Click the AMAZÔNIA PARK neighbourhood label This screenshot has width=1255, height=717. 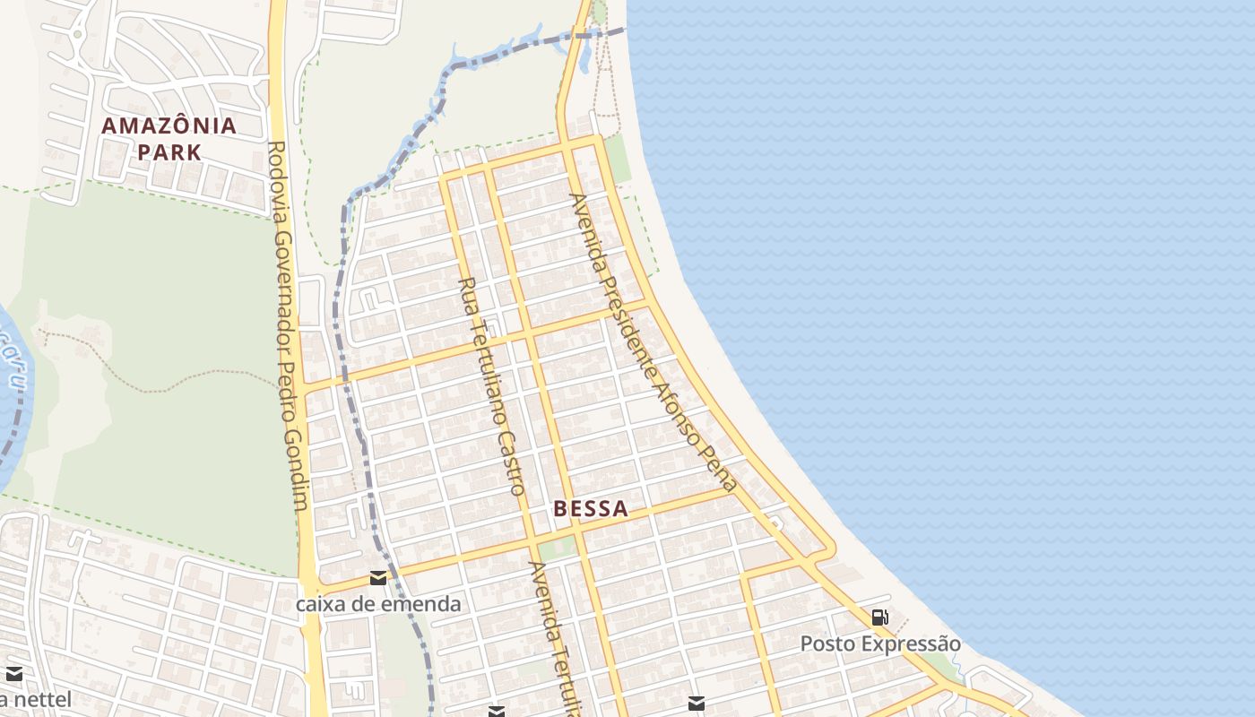[x=169, y=138]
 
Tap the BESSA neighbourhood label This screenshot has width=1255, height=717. [x=590, y=509]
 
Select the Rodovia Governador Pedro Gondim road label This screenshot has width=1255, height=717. [x=288, y=324]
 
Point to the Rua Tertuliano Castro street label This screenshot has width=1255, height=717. [x=491, y=385]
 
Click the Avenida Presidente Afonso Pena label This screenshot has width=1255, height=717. [x=653, y=342]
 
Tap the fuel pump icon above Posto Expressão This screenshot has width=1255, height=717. [x=880, y=617]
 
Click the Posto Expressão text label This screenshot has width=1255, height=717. [x=880, y=644]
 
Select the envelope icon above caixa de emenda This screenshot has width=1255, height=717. [x=378, y=578]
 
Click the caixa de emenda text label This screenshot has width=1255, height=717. [x=378, y=604]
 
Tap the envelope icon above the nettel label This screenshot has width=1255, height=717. [x=14, y=674]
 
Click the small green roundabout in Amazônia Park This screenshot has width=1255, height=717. [x=78, y=35]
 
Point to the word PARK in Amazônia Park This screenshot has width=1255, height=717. [x=169, y=151]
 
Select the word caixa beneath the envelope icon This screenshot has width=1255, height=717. [x=319, y=604]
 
